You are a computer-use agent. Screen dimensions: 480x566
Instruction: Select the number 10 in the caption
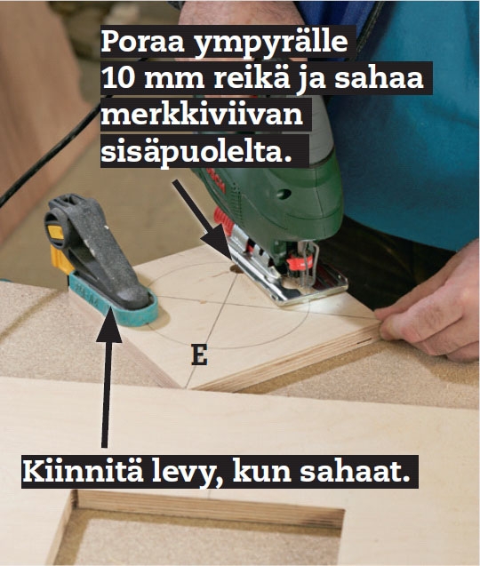point(119,79)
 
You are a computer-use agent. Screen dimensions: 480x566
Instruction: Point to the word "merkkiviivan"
point(202,115)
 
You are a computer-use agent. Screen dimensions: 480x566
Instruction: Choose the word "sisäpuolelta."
point(196,152)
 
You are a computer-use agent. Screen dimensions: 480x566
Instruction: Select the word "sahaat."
point(355,472)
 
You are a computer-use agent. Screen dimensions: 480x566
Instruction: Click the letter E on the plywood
point(199,355)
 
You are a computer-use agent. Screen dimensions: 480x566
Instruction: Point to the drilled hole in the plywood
point(236,269)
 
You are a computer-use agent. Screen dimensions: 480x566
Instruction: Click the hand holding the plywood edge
point(430,314)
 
